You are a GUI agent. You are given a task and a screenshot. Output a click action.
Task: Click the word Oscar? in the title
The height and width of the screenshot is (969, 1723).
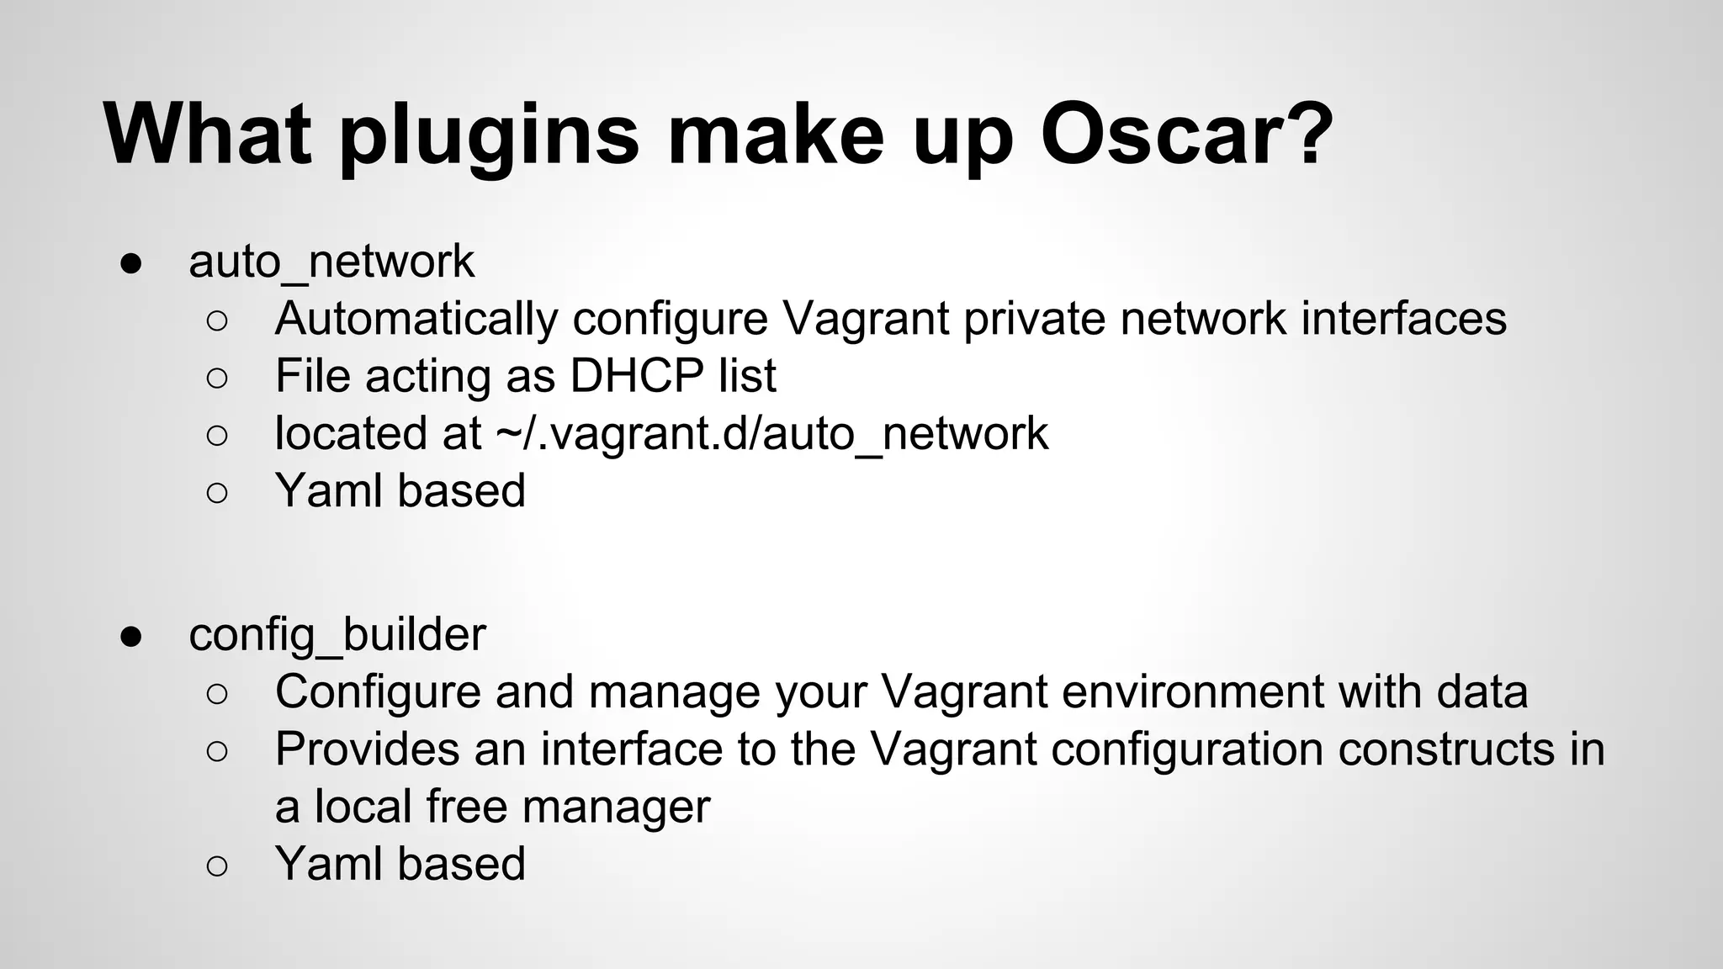1186,135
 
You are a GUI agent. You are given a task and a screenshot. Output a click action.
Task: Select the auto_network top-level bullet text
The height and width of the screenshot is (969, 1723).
331,262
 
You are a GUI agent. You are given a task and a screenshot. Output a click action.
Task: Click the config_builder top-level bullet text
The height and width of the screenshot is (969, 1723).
337,634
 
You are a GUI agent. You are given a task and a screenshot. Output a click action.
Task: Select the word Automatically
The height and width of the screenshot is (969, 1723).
416,319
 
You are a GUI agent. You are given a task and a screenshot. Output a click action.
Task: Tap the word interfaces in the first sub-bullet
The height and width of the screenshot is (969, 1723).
1403,319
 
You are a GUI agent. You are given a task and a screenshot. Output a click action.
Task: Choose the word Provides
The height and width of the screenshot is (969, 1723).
367,749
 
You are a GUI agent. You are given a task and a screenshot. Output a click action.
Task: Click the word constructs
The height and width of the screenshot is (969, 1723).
1445,749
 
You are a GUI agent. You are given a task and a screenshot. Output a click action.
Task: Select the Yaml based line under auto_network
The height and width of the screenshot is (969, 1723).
400,491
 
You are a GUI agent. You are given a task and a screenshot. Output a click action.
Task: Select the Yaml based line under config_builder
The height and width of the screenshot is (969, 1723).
400,865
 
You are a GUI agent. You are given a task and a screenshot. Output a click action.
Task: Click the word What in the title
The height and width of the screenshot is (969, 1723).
207,135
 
